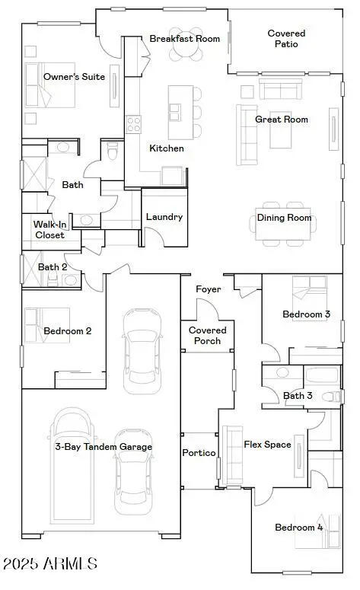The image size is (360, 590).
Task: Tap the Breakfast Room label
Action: [184, 39]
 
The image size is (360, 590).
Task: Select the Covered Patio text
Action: [287, 38]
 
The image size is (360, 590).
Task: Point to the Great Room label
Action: [281, 120]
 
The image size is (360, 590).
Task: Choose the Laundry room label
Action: [164, 217]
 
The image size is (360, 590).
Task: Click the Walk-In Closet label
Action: [49, 229]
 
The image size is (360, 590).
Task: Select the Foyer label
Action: [208, 289]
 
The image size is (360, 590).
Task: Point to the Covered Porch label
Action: [208, 335]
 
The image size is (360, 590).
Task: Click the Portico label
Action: [199, 453]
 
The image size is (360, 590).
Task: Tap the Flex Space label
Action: [267, 444]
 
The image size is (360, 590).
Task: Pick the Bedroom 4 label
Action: [299, 528]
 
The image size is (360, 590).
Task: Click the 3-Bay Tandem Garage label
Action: [103, 447]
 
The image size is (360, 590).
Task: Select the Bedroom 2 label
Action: [68, 330]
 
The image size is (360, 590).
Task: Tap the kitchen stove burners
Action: [134, 124]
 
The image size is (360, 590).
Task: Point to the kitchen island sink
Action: [174, 112]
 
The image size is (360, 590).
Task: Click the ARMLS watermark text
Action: [50, 564]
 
